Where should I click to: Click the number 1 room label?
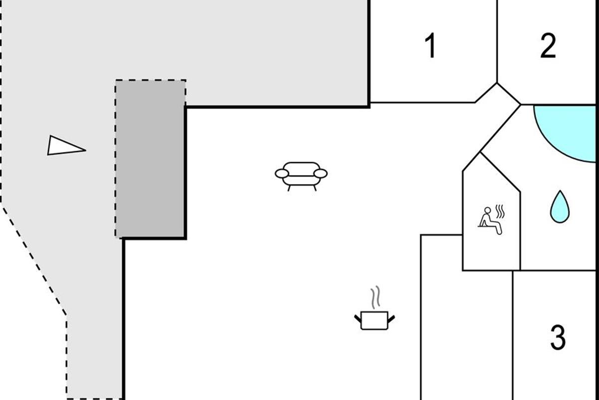coord(430,46)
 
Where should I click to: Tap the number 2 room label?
coord(548,46)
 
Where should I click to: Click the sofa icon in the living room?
coord(301,175)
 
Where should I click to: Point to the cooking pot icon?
coord(374,319)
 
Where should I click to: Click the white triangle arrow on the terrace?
coord(64,146)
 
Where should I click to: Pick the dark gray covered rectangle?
coord(151,158)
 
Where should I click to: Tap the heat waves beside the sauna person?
coord(501,211)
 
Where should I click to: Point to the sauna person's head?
coord(487,210)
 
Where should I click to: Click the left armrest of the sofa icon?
coord(282,173)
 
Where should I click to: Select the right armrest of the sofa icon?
coord(321,173)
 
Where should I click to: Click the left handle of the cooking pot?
coord(358,317)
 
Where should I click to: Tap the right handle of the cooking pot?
coord(391,317)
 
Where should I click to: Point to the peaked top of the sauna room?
coord(480,153)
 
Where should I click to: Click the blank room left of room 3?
coord(466,320)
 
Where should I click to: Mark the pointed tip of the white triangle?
coord(85,149)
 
